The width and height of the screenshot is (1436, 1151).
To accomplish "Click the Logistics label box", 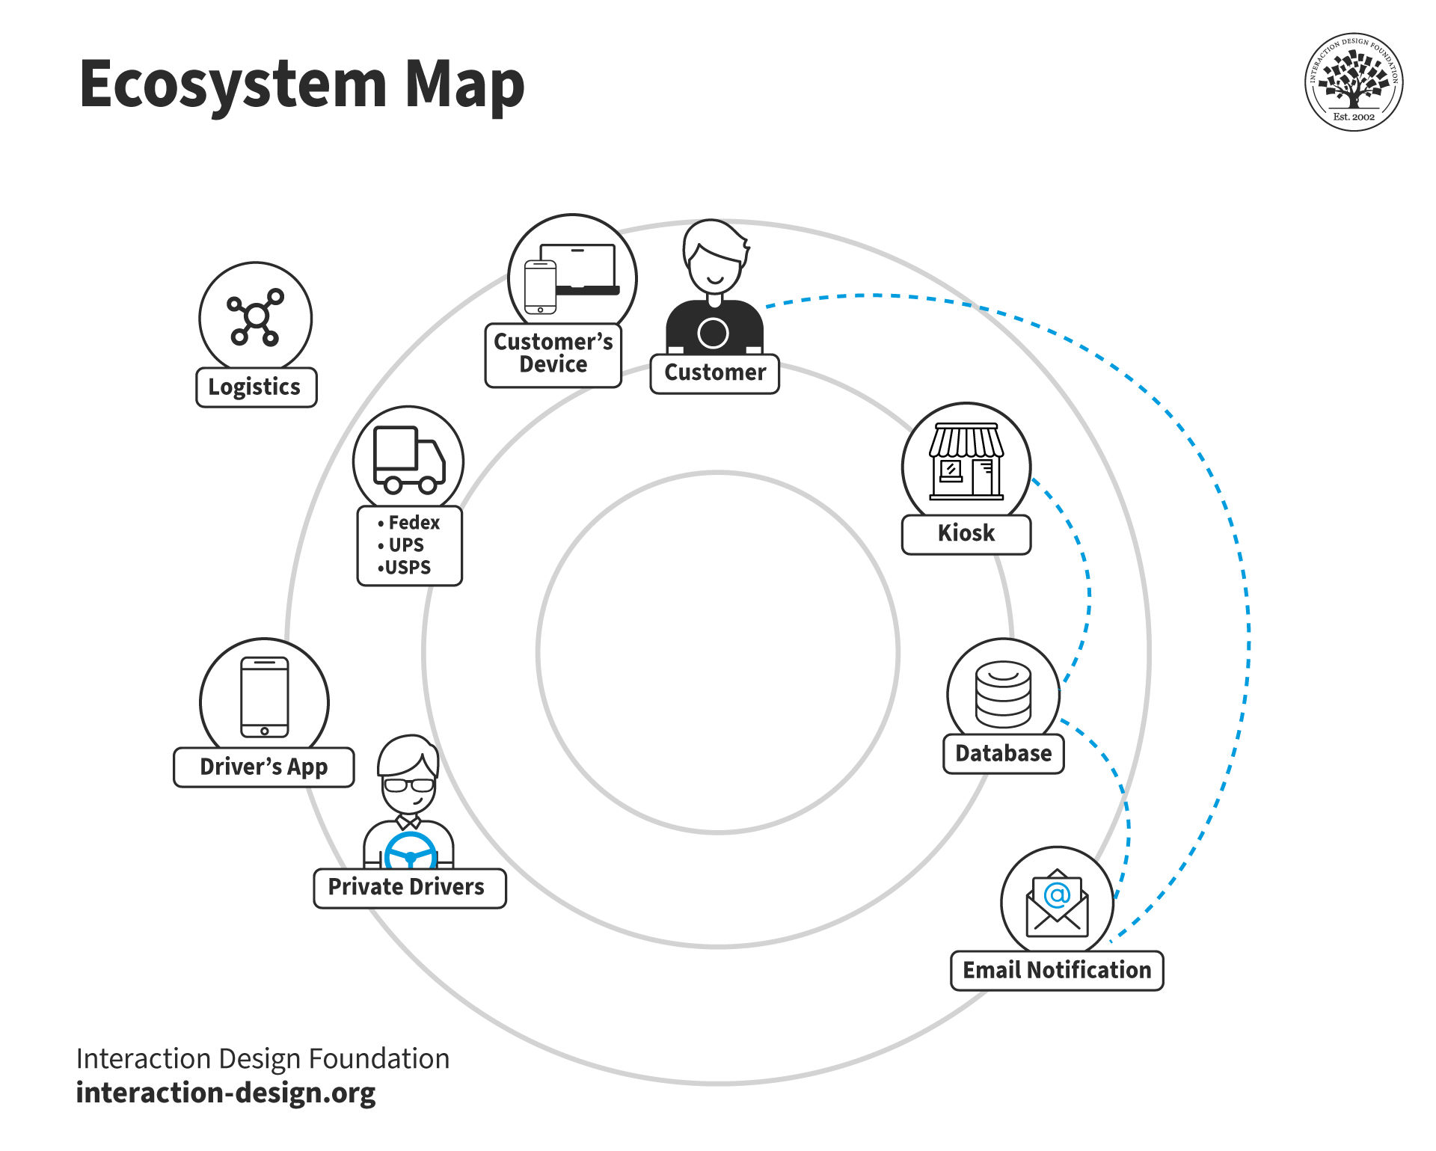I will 256,387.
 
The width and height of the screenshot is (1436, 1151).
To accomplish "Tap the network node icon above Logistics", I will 256,317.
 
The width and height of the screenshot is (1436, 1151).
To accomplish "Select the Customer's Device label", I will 553,354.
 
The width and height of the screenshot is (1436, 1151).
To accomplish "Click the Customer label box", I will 714,373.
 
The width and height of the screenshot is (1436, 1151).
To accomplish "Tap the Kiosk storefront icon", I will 966,461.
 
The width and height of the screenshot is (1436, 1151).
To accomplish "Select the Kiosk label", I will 966,534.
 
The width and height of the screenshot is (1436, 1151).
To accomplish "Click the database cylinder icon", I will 1003,694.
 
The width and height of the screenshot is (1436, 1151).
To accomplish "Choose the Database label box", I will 1003,754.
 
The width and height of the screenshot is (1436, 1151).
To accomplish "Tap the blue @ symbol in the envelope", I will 1057,894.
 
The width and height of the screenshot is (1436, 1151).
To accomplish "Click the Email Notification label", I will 1056,971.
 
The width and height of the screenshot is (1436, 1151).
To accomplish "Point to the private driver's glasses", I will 408,785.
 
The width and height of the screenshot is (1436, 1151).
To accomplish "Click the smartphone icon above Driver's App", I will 264,697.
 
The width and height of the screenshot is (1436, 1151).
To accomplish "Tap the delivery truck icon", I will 408,460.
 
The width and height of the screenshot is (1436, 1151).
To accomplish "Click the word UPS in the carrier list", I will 406,545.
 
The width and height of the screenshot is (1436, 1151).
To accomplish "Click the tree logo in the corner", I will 1353,81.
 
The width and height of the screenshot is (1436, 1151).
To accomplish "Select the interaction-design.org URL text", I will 226,1093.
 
